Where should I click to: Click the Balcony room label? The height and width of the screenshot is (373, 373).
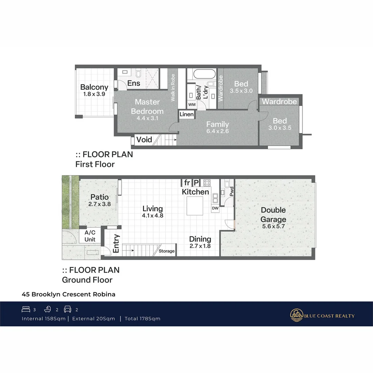pyautogui.click(x=94, y=87)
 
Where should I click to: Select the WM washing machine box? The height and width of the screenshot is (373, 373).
pyautogui.click(x=192, y=104)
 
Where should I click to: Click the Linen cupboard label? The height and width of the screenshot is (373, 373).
pyautogui.click(x=186, y=114)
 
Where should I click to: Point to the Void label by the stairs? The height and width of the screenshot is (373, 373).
pyautogui.click(x=144, y=140)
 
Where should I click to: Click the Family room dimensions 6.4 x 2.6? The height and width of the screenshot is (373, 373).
pyautogui.click(x=218, y=131)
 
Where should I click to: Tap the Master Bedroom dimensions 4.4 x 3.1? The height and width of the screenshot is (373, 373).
pyautogui.click(x=147, y=118)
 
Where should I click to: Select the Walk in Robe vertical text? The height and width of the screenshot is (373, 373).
pyautogui.click(x=173, y=87)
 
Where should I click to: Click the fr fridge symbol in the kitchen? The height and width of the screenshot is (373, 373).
pyautogui.click(x=187, y=183)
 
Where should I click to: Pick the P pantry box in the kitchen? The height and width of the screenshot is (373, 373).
pyautogui.click(x=196, y=183)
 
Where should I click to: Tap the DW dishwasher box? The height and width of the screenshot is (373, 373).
pyautogui.click(x=215, y=208)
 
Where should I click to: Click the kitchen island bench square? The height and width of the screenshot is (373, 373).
pyautogui.click(x=195, y=206)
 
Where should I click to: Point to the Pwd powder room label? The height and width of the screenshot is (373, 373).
pyautogui.click(x=231, y=191)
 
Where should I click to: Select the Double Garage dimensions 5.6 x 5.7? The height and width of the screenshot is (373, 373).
pyautogui.click(x=273, y=226)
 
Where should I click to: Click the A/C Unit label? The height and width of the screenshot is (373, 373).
pyautogui.click(x=90, y=236)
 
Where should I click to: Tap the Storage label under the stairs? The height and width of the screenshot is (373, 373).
pyautogui.click(x=166, y=251)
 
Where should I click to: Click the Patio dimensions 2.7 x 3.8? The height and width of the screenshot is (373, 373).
pyautogui.click(x=99, y=204)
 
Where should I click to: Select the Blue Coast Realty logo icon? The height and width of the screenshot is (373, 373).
pyautogui.click(x=296, y=315)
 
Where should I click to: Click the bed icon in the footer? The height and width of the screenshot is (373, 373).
pyautogui.click(x=26, y=309)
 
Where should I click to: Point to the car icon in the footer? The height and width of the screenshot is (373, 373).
pyautogui.click(x=68, y=309)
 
